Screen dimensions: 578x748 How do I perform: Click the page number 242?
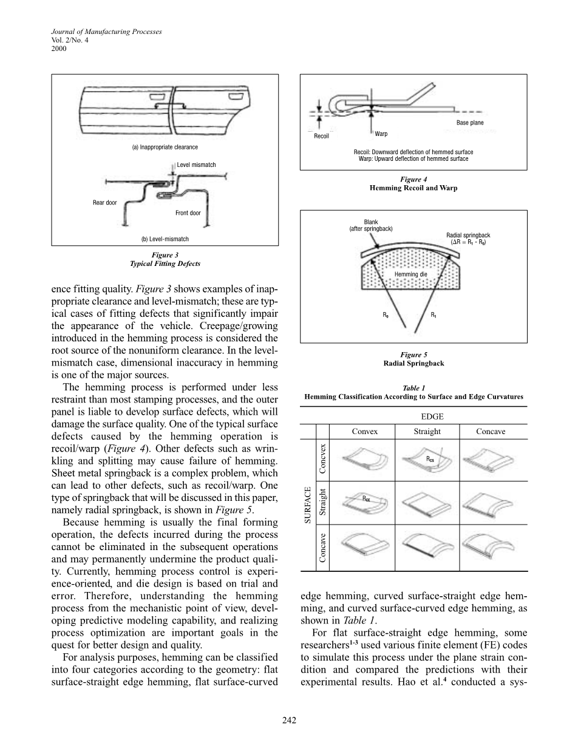point(289,720)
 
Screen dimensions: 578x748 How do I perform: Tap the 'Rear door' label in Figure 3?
point(104,202)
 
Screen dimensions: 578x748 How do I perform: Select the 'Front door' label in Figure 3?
point(188,212)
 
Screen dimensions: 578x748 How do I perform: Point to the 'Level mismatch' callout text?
point(196,165)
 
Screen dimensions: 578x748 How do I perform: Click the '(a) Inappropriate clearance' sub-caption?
point(165,147)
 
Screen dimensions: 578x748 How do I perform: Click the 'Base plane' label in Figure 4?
point(470,123)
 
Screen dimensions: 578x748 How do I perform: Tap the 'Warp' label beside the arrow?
point(381,134)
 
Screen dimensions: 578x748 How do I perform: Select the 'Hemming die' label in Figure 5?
point(410,274)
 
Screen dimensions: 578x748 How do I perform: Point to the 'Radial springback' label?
point(468,235)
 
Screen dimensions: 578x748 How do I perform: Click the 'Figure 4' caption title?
point(413,179)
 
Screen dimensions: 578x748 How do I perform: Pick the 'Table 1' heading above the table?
point(414,388)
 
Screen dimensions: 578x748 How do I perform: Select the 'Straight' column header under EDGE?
point(427,431)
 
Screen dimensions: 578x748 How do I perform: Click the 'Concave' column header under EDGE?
point(491,431)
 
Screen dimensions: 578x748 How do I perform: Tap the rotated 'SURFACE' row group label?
point(308,505)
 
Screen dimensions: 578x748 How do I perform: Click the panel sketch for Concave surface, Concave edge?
point(489,546)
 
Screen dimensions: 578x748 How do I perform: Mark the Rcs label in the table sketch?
point(430,458)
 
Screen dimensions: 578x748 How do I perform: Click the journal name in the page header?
point(106,32)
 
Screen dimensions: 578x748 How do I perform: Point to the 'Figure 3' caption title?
point(165,255)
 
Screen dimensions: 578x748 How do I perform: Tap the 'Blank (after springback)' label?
point(371,225)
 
